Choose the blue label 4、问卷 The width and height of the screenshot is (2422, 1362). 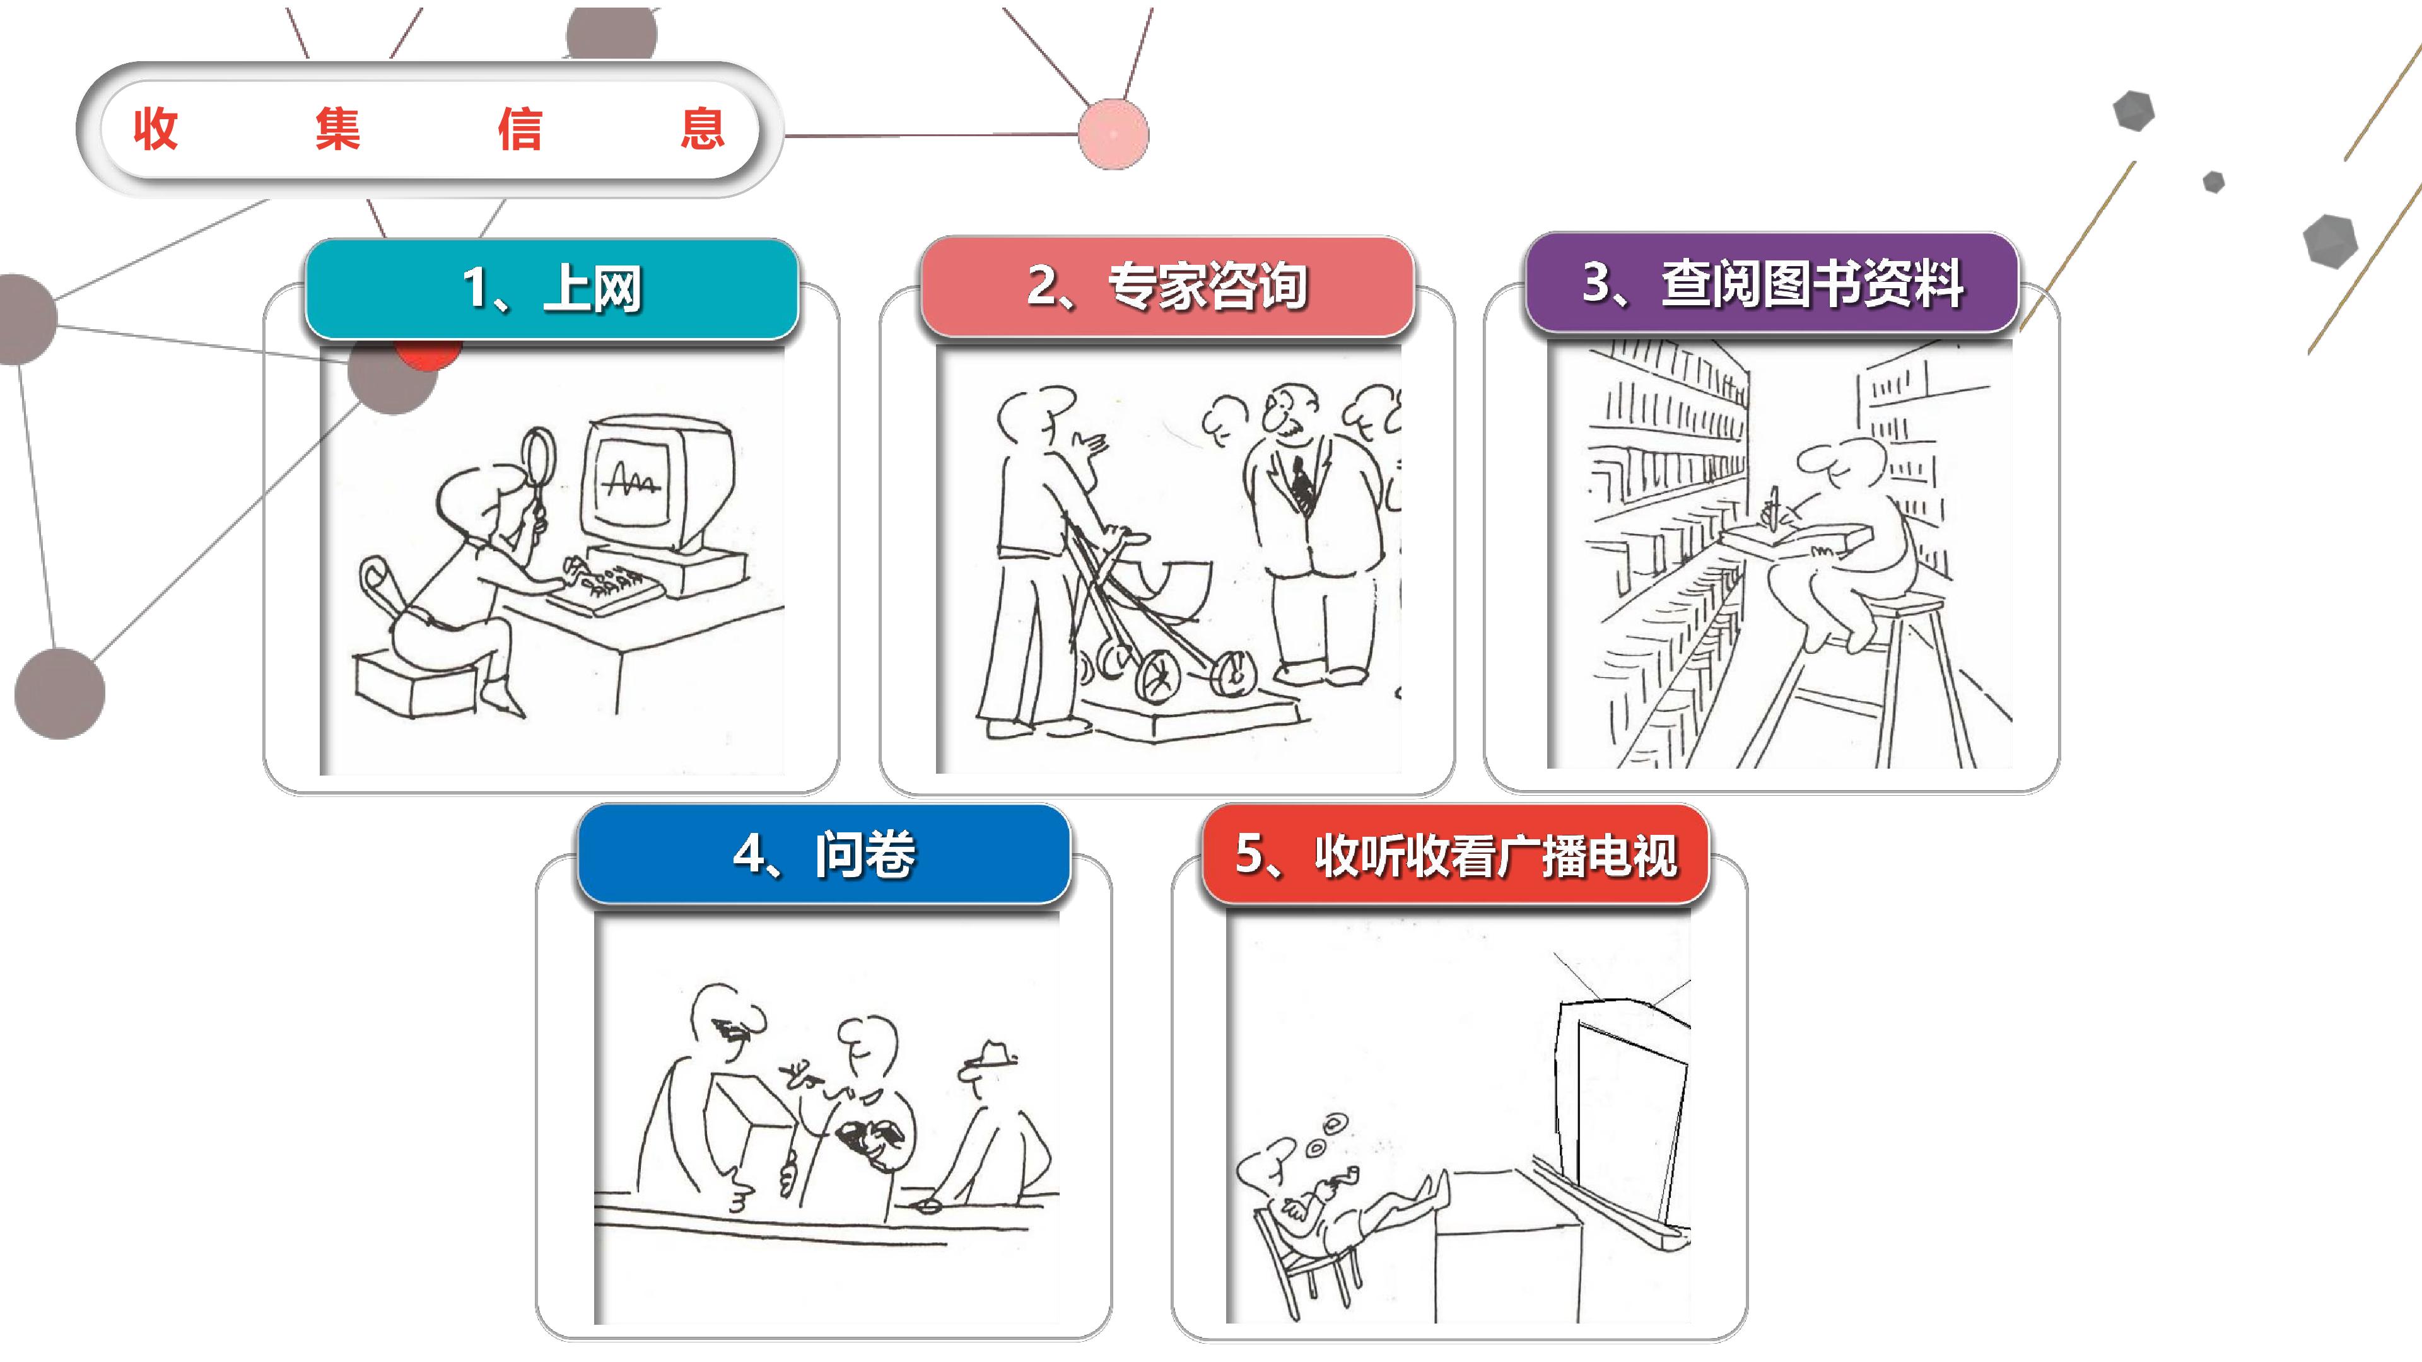824,854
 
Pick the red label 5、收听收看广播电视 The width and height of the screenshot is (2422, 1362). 1456,854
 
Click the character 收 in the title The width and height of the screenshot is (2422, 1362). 156,129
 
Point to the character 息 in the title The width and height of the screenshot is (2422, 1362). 703,129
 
